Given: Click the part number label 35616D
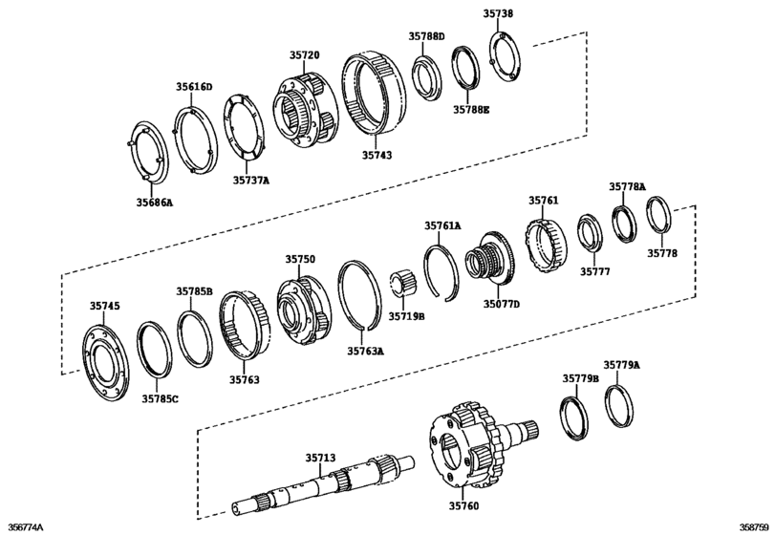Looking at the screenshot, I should click(x=193, y=86).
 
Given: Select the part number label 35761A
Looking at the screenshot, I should click(x=442, y=225).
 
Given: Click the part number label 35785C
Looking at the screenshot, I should click(x=160, y=398).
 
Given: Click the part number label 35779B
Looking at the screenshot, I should click(x=579, y=378).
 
